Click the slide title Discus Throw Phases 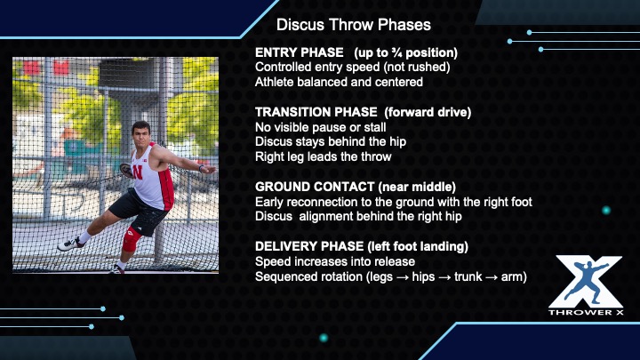coord(354,25)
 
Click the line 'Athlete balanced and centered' coord(339,82)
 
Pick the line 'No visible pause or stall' coord(320,127)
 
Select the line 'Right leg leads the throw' coord(324,156)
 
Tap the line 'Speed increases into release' coord(335,261)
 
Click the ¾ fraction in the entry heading coord(396,52)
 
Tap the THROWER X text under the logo coord(586,312)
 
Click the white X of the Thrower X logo coord(585,282)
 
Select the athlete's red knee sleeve coord(131,239)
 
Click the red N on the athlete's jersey coord(137,172)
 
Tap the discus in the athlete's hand coord(126,171)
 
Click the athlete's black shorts coord(139,213)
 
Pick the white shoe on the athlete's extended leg coord(70,244)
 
